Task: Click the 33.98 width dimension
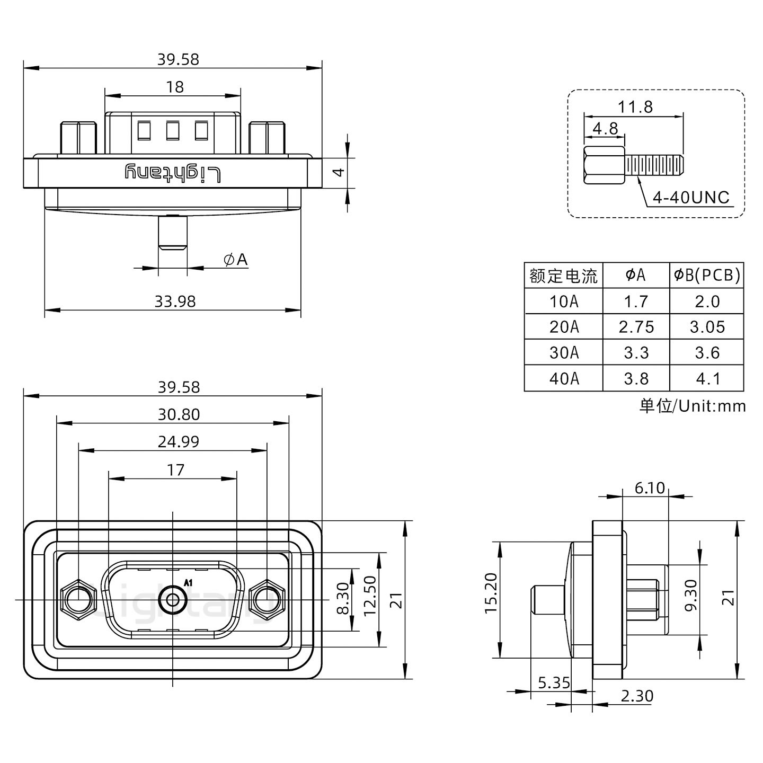click(175, 301)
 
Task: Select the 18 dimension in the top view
click(174, 87)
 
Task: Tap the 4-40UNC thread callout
click(691, 198)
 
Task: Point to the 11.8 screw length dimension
click(635, 107)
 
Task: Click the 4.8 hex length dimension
click(605, 129)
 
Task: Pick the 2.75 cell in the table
click(636, 327)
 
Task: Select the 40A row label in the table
click(563, 378)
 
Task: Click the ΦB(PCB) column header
click(707, 275)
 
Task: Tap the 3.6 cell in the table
click(707, 352)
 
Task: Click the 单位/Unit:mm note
click(692, 406)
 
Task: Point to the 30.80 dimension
click(179, 414)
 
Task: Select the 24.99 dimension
click(178, 441)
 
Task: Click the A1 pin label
click(188, 583)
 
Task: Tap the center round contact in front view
click(172, 600)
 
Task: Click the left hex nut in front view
click(78, 600)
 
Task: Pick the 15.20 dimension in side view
click(492, 600)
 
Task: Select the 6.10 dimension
click(649, 487)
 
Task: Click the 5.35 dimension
click(553, 682)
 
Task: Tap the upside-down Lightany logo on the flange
click(173, 173)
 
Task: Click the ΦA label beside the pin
click(236, 260)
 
